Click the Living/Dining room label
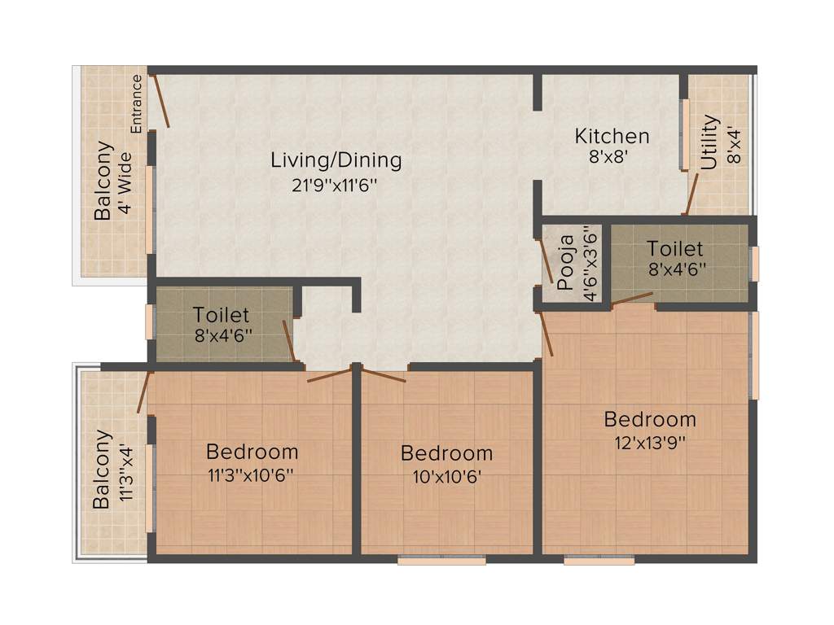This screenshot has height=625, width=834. [336, 160]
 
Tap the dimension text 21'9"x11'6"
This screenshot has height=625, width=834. [336, 185]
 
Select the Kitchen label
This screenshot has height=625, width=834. [612, 136]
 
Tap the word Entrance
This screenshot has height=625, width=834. [137, 103]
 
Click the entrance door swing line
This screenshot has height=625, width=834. [160, 101]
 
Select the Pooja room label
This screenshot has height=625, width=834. [566, 262]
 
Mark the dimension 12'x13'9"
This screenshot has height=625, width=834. [649, 443]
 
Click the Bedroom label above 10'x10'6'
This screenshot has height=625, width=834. [446, 453]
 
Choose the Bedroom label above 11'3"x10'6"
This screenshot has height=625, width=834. [252, 451]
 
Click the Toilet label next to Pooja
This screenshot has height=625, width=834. [674, 248]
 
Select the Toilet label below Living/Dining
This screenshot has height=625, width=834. [221, 314]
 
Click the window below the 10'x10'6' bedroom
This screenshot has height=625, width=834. [441, 560]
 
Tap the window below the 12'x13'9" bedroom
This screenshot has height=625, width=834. [599, 560]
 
